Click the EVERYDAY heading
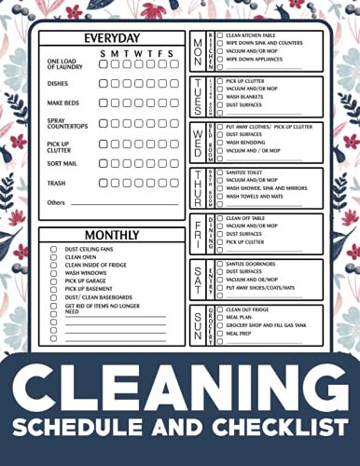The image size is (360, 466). pos(112,38)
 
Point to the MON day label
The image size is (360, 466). pos(199,50)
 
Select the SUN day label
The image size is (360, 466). pos(199,324)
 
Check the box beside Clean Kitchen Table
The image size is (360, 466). pos(220,35)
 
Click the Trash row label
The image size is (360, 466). pos(56,183)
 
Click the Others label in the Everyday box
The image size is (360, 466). pos(56,202)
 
